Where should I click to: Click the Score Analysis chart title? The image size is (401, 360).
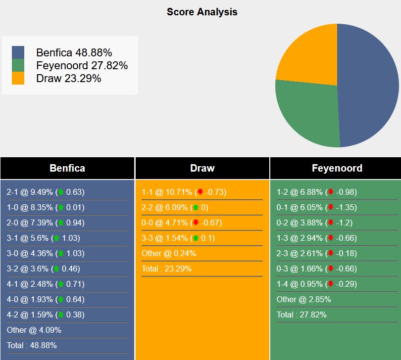[x=202, y=12]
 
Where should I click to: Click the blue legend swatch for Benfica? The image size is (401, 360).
[x=18, y=52]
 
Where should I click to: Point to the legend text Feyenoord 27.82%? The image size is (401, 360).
[x=82, y=65]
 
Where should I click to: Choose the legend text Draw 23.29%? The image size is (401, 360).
[x=68, y=78]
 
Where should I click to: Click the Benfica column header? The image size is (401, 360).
[x=67, y=168]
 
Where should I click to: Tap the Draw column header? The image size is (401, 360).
[x=202, y=168]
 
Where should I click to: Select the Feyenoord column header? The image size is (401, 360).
[x=337, y=168]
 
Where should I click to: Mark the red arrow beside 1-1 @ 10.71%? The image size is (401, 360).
[x=200, y=192]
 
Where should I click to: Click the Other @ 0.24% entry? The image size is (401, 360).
[x=169, y=254]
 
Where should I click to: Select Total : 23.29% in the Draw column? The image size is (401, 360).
[x=166, y=269]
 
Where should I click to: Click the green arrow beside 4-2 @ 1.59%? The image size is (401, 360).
[x=61, y=315]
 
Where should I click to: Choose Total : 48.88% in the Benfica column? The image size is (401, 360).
[x=32, y=346]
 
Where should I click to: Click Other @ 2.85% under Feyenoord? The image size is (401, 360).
[x=303, y=300]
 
